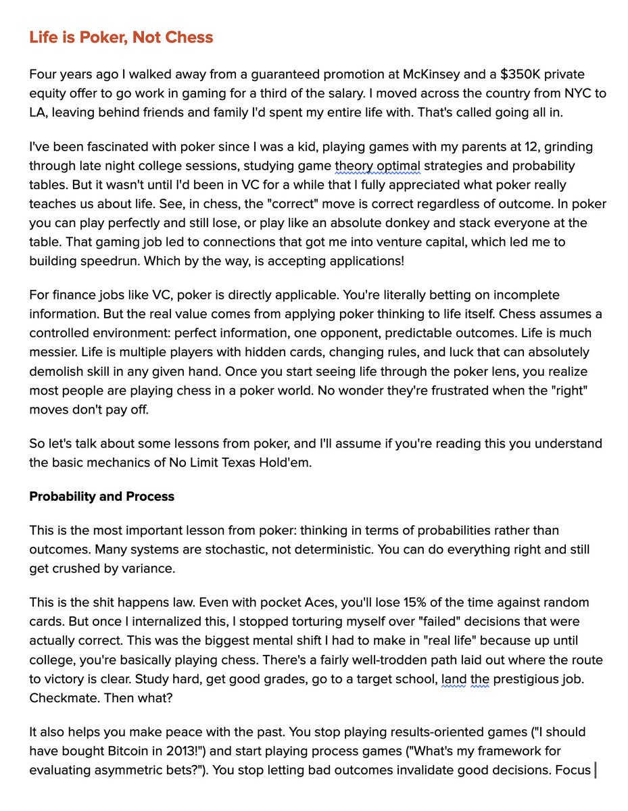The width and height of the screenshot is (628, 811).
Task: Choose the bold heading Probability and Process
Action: click(101, 496)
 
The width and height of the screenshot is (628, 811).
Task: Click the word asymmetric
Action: click(128, 769)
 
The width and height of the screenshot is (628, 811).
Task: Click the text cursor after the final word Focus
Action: click(595, 769)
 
